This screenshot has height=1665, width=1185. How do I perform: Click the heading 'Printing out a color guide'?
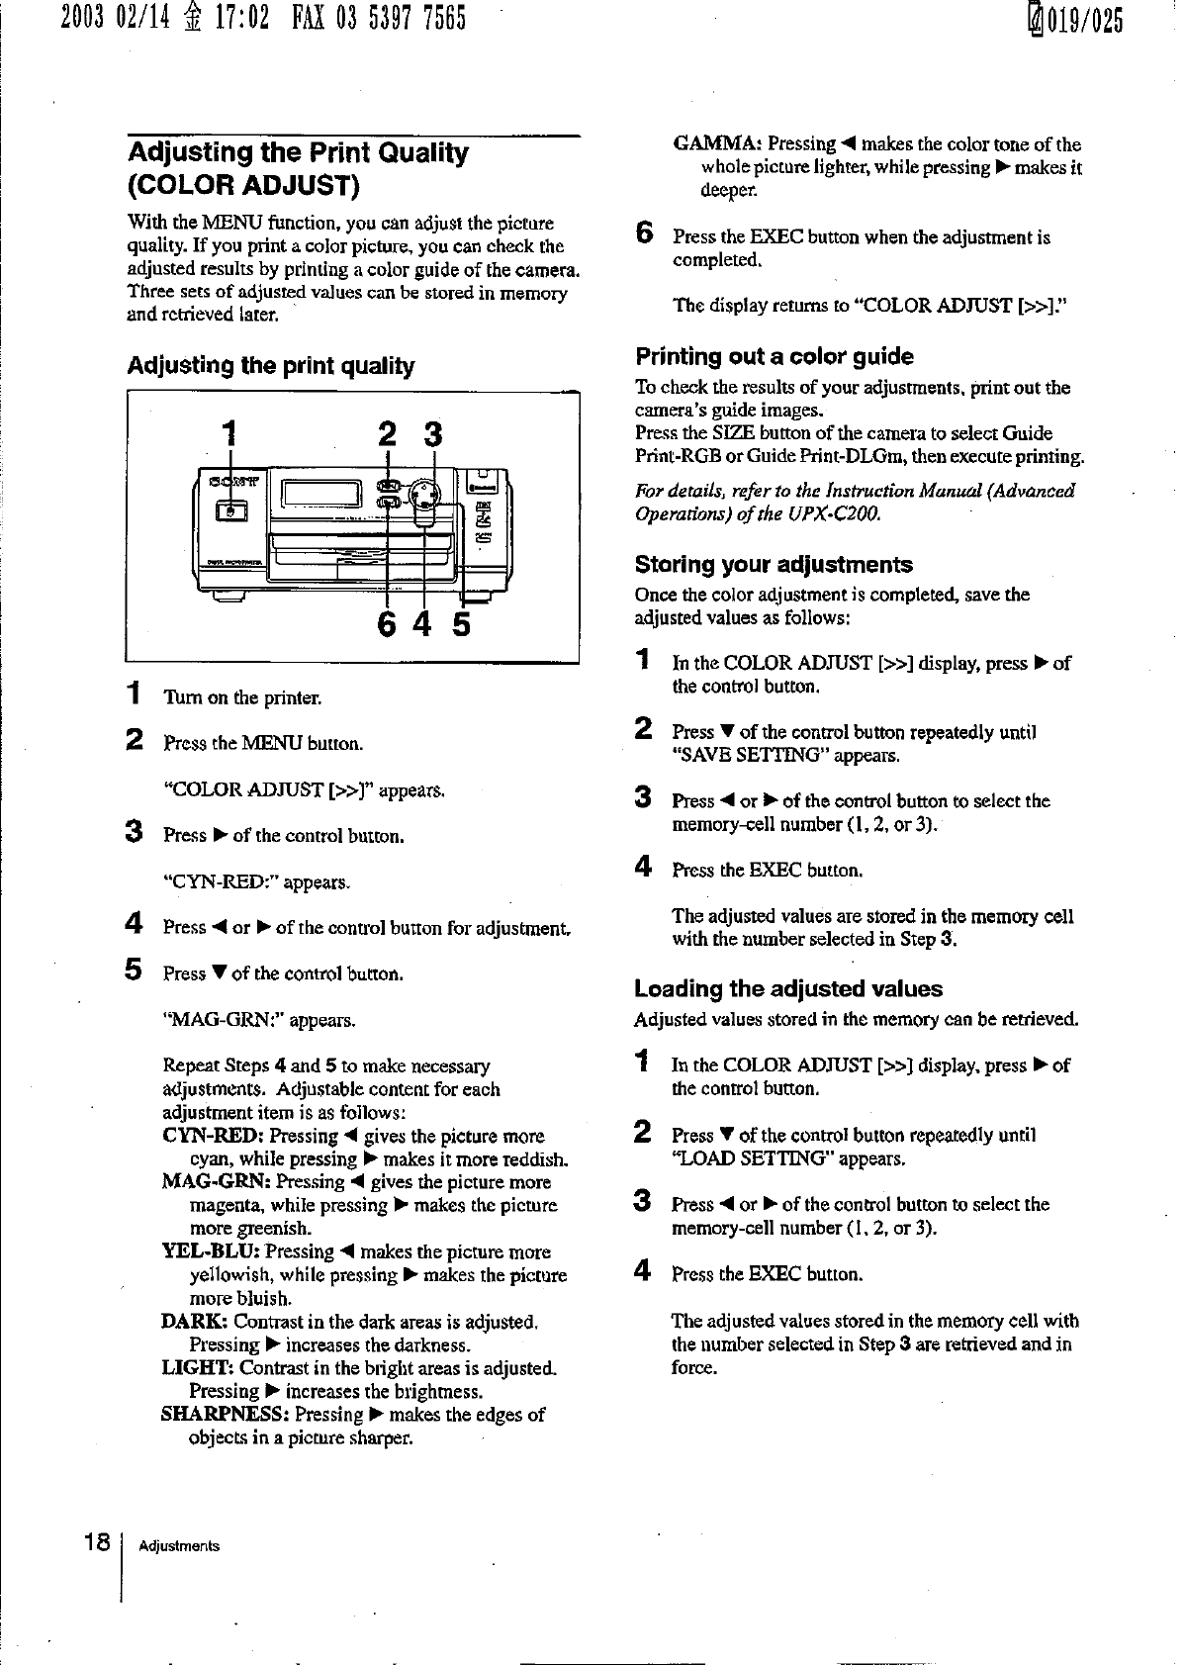[774, 356]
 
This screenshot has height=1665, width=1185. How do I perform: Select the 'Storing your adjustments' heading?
[773, 565]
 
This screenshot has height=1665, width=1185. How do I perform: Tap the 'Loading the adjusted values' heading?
[787, 989]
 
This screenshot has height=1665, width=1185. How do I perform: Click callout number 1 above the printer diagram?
[229, 433]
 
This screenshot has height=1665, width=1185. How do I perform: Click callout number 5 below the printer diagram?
[462, 625]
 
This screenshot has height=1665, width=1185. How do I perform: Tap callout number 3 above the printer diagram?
[432, 434]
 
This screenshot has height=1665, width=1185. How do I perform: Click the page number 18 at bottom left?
[97, 1542]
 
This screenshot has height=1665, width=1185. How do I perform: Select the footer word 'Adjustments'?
[179, 1546]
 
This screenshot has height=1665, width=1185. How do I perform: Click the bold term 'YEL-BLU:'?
[211, 1252]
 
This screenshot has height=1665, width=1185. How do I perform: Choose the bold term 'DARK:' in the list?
[195, 1322]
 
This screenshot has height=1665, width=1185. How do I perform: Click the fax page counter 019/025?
[1084, 20]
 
